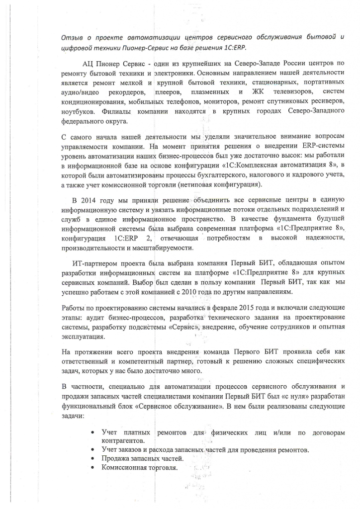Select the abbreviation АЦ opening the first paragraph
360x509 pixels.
[x=88, y=64]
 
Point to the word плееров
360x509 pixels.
[x=168, y=92]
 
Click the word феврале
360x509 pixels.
[x=211, y=308]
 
